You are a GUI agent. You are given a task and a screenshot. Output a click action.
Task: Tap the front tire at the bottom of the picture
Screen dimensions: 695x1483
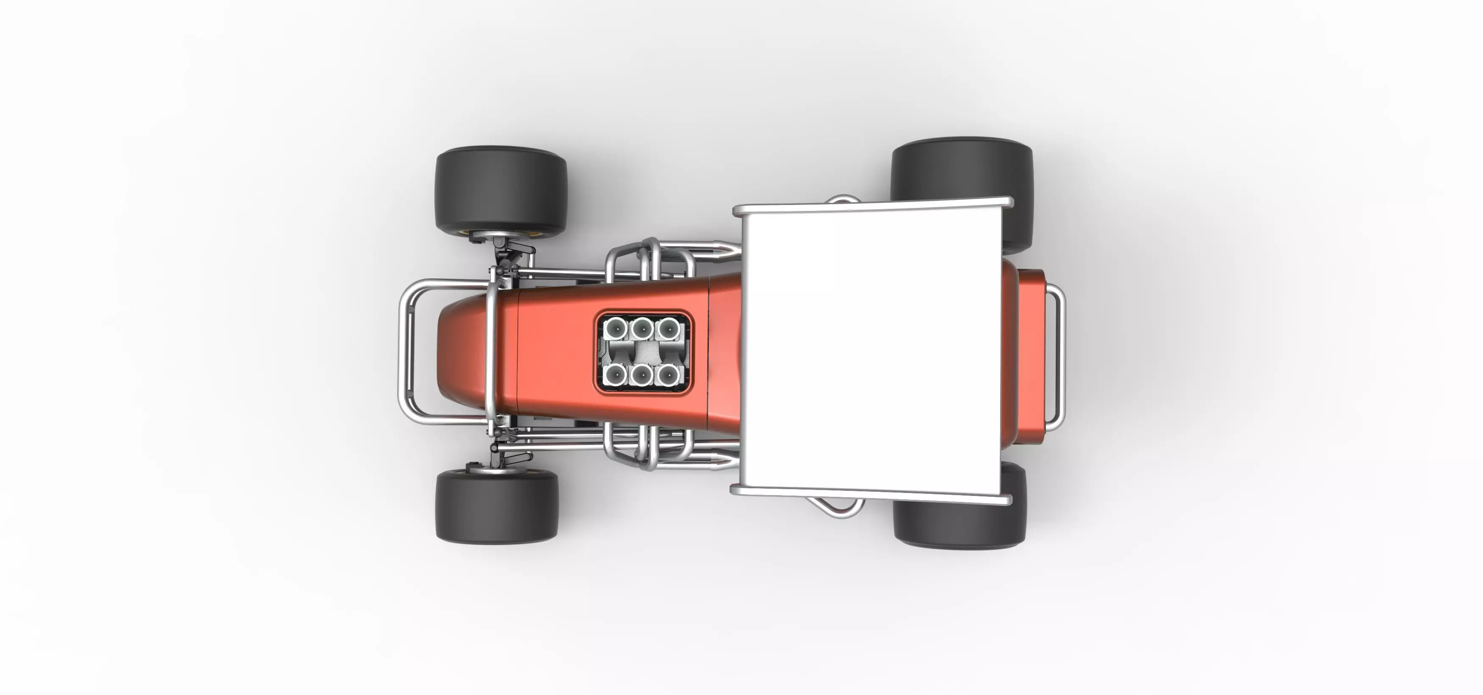tap(496, 506)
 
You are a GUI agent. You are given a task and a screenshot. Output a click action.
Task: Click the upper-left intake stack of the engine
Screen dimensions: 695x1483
tap(615, 329)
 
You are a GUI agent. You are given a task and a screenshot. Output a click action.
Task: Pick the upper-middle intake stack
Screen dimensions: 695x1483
tap(641, 329)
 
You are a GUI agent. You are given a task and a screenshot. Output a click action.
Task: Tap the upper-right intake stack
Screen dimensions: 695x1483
tap(667, 329)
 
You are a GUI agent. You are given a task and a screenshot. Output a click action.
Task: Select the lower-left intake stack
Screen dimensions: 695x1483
tap(615, 375)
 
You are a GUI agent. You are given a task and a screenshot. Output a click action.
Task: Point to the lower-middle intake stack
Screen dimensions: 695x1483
tap(641, 375)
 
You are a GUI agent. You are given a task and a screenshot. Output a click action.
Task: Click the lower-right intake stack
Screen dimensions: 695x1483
tap(667, 375)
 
